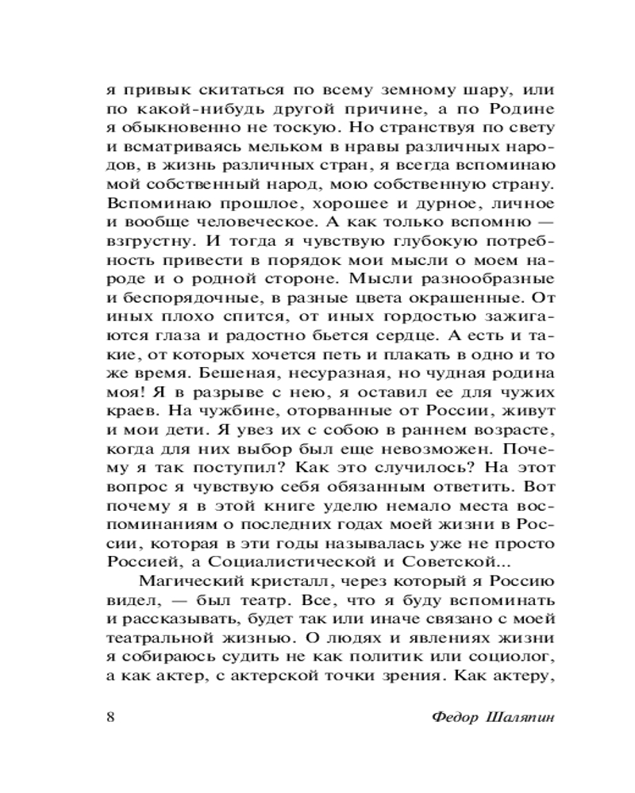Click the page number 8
pyautogui.click(x=110, y=717)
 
